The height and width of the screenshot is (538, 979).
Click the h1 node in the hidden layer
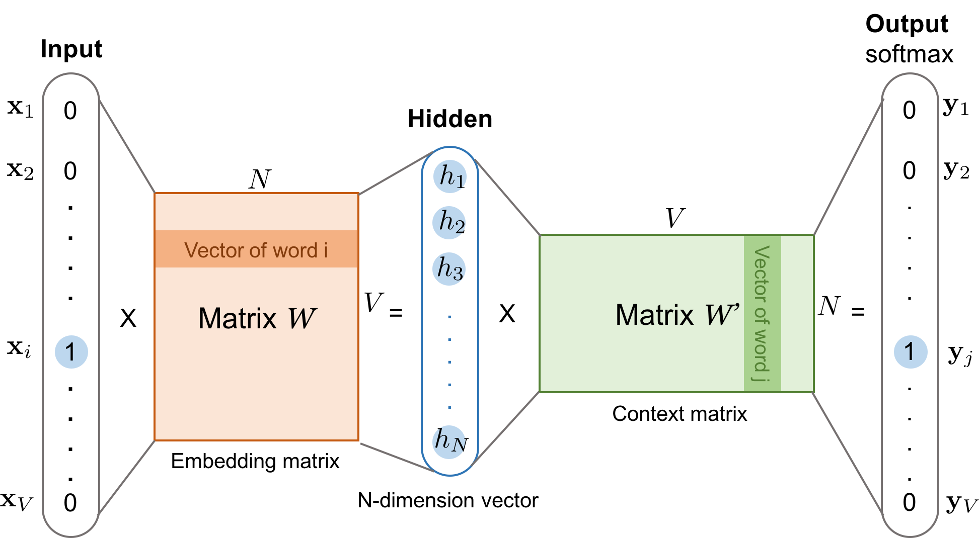tap(449, 176)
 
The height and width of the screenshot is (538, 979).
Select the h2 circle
tap(449, 222)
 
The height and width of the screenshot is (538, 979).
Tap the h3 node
tap(448, 268)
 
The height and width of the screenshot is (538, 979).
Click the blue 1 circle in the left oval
tap(71, 352)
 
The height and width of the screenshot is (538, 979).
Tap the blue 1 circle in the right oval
tap(910, 352)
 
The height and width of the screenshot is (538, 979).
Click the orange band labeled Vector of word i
tap(256, 249)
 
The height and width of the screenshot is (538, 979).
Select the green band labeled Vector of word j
tap(762, 313)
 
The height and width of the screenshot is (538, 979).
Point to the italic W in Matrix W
tap(301, 318)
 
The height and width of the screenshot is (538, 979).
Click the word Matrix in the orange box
tap(237, 318)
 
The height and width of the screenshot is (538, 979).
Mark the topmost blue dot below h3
tap(449, 317)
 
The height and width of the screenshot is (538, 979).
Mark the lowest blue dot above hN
tap(449, 407)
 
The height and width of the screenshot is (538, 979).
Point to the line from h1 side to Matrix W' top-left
tap(507, 198)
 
